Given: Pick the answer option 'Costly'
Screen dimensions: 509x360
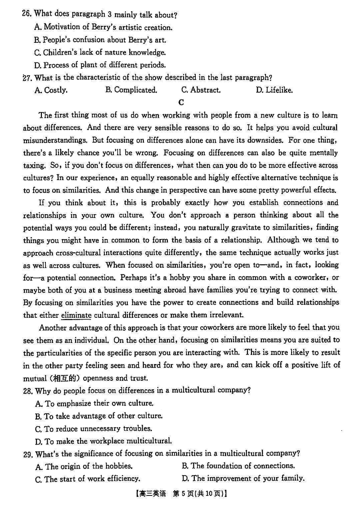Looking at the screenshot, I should pyautogui.click(x=51, y=90).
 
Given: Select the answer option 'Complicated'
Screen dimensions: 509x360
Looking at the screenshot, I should pyautogui.click(x=131, y=90).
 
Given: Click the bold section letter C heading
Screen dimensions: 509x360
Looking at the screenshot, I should pyautogui.click(x=181, y=102).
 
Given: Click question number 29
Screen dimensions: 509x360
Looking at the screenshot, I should pyautogui.click(x=27, y=453).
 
